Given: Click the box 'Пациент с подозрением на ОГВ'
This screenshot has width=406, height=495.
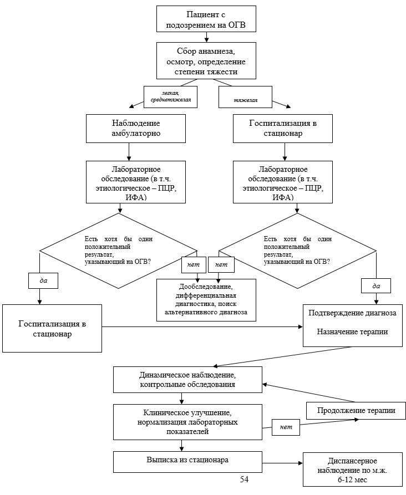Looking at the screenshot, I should [206, 19].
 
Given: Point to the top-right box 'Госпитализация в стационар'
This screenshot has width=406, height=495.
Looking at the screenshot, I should [283, 127].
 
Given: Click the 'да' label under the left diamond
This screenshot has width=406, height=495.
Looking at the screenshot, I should [44, 281].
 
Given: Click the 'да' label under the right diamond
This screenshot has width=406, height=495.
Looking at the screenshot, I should [376, 286].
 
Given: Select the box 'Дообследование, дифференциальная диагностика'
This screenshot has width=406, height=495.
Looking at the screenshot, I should [206, 299].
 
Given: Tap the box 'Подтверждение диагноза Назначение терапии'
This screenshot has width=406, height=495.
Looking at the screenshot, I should [352, 324].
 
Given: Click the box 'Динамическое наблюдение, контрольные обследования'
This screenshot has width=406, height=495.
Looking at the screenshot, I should [187, 379].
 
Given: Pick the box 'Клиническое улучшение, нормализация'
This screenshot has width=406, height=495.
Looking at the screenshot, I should [187, 421].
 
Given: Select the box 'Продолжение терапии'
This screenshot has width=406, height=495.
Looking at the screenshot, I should [356, 411].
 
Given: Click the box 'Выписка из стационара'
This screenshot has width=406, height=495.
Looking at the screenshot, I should [187, 461].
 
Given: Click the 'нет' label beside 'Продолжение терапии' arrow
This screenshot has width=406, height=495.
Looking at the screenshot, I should [286, 427].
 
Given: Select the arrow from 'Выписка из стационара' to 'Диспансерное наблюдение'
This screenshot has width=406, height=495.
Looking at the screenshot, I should [282, 463].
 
